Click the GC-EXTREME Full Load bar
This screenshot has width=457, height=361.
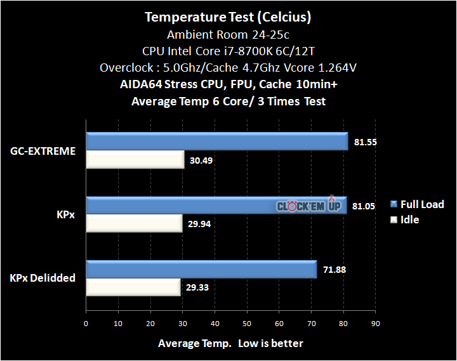pyautogui.click(x=216, y=141)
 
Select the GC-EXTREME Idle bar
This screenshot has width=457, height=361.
pyautogui.click(x=135, y=160)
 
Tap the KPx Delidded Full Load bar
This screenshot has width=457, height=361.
pyautogui.click(x=201, y=270)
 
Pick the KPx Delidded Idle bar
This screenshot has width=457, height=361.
pyautogui.click(x=133, y=287)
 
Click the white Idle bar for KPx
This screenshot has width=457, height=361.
pyautogui.click(x=134, y=223)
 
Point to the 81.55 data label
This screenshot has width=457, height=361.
pyautogui.click(x=366, y=142)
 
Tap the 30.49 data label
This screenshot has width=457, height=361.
pyautogui.click(x=201, y=161)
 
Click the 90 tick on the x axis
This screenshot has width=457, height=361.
pyautogui.click(x=375, y=322)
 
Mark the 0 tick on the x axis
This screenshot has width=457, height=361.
pyautogui.click(x=86, y=322)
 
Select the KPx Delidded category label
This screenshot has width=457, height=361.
pyautogui.click(x=43, y=278)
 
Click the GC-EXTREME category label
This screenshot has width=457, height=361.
pyautogui.click(x=43, y=151)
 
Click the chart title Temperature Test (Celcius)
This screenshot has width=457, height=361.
pyautogui.click(x=228, y=16)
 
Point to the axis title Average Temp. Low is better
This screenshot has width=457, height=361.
pyautogui.click(x=230, y=343)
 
